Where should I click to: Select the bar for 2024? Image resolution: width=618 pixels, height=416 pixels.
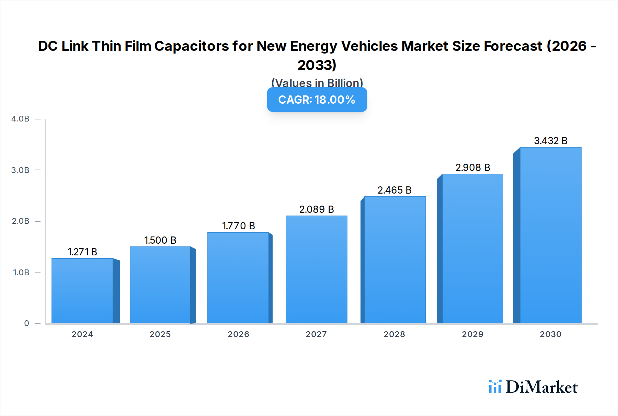click(82, 291)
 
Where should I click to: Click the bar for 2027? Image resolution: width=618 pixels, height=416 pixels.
click(316, 269)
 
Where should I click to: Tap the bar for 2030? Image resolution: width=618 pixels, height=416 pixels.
click(550, 235)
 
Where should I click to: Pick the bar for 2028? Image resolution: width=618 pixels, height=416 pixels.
click(394, 260)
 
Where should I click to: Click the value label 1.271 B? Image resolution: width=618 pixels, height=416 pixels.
click(82, 252)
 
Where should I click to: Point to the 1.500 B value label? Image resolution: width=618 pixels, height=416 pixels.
click(160, 240)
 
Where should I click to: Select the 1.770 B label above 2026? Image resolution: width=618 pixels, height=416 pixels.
click(239, 226)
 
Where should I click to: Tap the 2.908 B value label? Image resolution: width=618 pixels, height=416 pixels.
click(473, 167)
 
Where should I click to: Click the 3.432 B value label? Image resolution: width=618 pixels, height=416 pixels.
click(551, 141)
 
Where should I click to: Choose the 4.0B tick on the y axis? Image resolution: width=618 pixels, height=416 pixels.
click(20, 119)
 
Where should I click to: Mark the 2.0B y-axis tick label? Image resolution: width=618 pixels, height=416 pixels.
click(20, 221)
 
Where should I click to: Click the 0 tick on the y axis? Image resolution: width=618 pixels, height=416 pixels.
click(26, 323)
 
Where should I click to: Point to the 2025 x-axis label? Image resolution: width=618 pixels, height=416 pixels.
click(160, 334)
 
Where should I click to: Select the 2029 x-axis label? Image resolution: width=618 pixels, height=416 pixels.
click(473, 334)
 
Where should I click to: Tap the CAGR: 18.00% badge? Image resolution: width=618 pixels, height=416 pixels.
click(317, 100)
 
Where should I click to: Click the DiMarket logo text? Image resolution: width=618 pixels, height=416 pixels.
click(541, 387)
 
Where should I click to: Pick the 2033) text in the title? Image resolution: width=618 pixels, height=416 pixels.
click(317, 65)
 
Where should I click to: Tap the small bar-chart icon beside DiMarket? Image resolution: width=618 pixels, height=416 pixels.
click(495, 386)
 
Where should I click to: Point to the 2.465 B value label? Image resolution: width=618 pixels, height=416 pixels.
click(394, 190)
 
